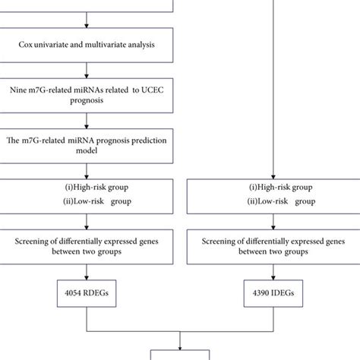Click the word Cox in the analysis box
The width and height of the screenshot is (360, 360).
tap(27, 45)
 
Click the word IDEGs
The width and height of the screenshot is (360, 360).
tap(285, 292)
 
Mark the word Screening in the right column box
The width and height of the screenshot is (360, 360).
tap(223, 241)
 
